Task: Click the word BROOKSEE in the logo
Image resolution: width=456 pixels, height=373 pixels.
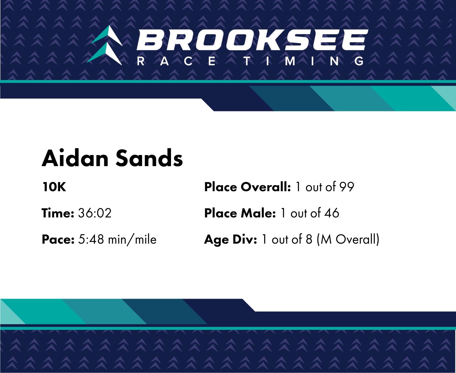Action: [252, 40]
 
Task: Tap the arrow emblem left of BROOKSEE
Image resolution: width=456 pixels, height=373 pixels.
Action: [105, 45]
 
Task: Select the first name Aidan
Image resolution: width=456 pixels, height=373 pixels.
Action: [75, 158]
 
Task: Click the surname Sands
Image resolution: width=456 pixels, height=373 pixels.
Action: [149, 158]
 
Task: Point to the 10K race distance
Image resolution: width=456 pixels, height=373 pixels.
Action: [54, 187]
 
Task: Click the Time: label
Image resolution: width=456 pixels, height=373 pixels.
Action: [58, 213]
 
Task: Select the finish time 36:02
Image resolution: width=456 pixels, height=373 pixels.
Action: [95, 213]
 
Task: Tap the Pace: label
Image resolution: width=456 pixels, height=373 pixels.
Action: [58, 239]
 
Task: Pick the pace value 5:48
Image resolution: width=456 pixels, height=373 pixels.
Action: [91, 239]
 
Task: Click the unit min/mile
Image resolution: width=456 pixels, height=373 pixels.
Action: [132, 239]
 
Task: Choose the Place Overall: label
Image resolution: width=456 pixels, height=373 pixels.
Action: [248, 187]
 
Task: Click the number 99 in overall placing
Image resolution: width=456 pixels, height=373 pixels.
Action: [347, 187]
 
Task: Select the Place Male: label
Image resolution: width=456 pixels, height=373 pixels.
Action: [240, 213]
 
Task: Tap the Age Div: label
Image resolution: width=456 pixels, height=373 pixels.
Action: [231, 240]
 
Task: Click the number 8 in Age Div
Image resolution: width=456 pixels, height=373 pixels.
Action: [309, 239]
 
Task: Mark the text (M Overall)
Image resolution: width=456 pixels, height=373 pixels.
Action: [348, 240]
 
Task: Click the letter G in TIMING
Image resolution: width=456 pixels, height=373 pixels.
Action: [359, 61]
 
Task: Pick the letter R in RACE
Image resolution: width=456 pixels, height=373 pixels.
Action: [141, 61]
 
